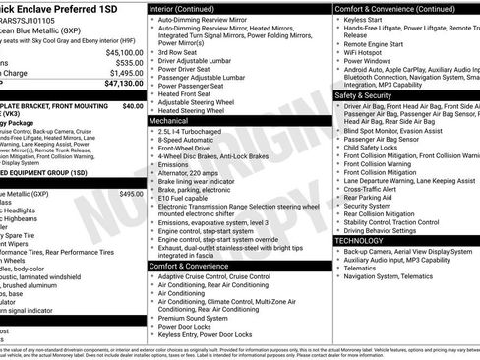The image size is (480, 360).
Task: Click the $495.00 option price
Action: click(x=131, y=194)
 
